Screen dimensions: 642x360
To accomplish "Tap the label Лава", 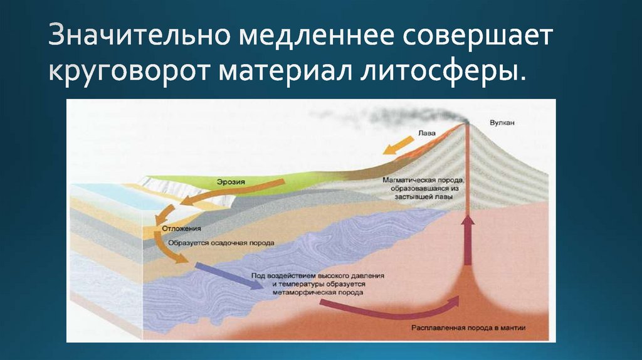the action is click(x=426, y=133).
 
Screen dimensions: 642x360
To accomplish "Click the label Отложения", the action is click(x=181, y=228).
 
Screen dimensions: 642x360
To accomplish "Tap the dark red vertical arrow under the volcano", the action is click(x=467, y=241).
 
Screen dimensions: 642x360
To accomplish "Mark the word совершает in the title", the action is click(x=478, y=37).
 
